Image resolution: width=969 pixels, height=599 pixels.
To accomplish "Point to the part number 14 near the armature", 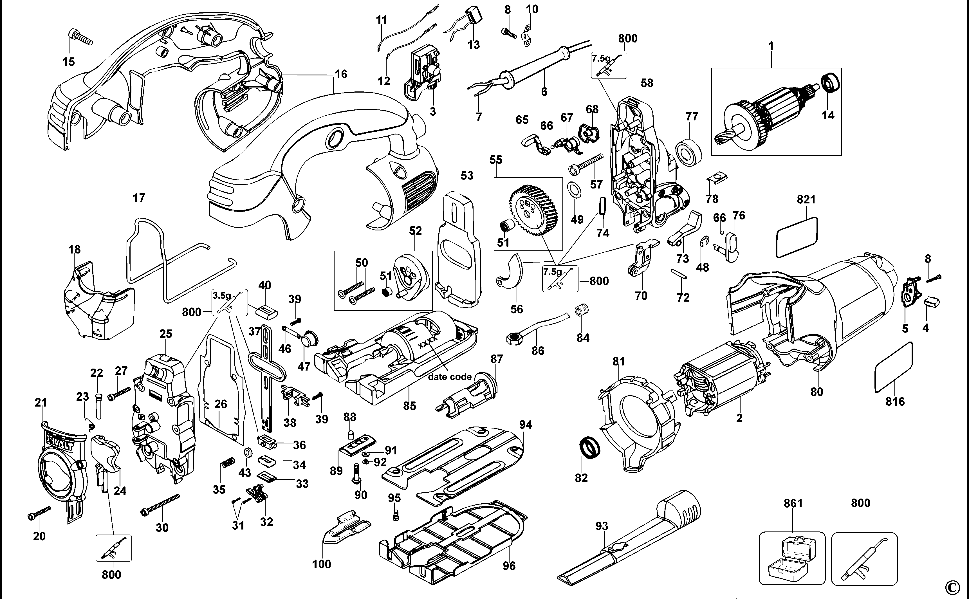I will [828, 115].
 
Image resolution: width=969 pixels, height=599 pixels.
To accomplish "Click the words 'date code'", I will [450, 376].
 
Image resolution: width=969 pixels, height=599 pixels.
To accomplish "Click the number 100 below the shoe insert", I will [321, 564].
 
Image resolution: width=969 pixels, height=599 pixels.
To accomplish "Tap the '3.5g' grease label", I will [221, 295].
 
